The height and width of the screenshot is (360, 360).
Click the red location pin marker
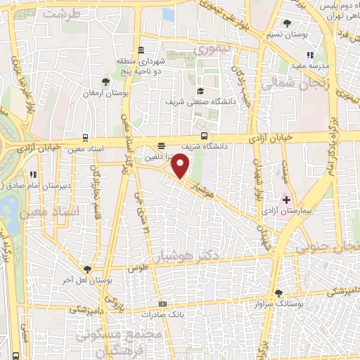(181, 166)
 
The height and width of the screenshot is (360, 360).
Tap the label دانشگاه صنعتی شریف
(169, 102)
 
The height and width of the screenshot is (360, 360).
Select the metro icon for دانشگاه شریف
(204, 135)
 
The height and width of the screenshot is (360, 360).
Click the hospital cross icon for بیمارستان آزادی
(286, 200)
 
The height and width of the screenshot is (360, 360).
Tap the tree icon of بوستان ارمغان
(105, 82)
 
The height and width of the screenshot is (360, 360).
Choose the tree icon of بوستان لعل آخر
(87, 269)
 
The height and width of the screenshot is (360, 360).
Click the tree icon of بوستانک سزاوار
(279, 292)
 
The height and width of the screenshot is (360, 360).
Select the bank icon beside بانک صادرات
(162, 304)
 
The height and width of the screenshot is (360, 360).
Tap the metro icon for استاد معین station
(86, 138)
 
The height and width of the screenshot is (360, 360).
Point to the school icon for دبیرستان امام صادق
(32, 174)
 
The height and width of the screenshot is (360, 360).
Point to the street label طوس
(137, 269)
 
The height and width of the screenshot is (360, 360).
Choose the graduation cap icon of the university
(201, 91)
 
